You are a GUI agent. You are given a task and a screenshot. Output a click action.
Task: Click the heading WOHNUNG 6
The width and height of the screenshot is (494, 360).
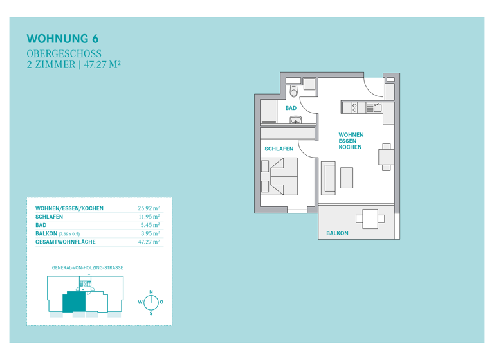[x=62, y=39]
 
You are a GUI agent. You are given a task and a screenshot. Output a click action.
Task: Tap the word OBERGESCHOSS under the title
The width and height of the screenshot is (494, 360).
[x=64, y=54]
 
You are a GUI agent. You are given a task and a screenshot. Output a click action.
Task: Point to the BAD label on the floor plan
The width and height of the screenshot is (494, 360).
[x=291, y=108]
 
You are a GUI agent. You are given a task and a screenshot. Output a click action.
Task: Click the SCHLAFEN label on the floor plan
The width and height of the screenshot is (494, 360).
[x=279, y=148]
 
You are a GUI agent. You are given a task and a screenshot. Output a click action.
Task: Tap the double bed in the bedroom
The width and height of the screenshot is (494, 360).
[x=284, y=177]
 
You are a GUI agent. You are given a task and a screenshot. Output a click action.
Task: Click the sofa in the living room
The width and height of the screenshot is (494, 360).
[x=329, y=179]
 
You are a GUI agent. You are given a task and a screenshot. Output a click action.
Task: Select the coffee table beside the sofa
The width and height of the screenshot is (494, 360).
[x=347, y=177]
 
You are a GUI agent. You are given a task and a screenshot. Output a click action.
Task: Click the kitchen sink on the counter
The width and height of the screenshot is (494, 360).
[x=354, y=108]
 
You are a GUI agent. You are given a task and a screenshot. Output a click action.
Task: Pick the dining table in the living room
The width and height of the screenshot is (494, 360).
[x=385, y=157]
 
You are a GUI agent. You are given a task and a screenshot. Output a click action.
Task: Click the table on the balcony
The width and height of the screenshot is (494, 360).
[x=370, y=219]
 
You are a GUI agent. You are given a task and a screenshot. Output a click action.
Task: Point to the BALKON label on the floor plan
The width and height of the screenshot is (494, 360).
[x=337, y=233]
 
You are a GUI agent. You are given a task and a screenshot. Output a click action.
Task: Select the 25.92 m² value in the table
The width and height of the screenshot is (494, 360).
[x=149, y=208]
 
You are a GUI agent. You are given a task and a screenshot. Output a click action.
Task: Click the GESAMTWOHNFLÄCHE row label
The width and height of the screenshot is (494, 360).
[x=66, y=242]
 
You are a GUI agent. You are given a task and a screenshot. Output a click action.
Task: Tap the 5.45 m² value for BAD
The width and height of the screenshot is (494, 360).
[x=150, y=226]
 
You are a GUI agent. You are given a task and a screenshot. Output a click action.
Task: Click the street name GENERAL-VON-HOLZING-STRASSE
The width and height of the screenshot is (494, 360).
[x=87, y=267]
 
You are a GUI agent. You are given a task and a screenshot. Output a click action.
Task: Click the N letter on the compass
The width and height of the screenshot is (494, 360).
[x=151, y=292]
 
